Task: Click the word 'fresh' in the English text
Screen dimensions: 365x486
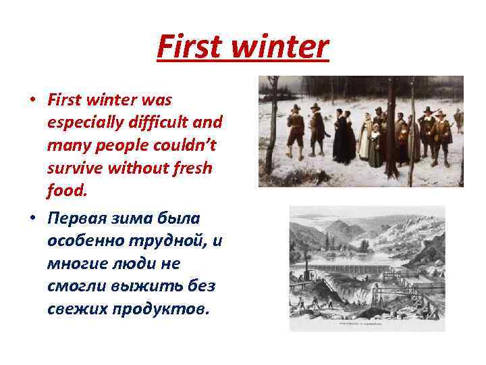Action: point(191,168)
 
